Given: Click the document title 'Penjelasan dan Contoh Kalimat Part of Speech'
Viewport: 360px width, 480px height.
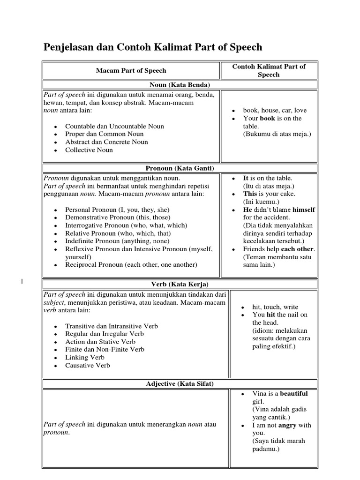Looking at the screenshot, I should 153,47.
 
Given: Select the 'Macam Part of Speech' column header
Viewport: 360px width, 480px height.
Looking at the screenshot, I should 131,70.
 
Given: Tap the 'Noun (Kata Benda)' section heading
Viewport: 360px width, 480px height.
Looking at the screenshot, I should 180,85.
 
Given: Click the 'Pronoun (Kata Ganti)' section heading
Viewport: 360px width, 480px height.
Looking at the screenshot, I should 180,168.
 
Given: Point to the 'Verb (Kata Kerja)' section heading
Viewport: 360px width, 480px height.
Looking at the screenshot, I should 180,284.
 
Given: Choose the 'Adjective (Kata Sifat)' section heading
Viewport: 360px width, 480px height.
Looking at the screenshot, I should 180,384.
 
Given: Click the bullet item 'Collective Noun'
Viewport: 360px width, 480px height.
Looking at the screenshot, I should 89,150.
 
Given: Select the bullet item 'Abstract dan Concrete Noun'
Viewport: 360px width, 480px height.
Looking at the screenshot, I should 106,142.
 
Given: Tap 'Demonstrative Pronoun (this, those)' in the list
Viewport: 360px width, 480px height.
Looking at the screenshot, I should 118,217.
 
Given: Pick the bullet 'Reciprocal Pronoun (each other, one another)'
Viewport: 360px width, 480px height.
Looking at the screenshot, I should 131,264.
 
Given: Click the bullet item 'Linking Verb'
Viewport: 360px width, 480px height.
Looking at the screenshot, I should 85,357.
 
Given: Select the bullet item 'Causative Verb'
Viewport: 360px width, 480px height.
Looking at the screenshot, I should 88,365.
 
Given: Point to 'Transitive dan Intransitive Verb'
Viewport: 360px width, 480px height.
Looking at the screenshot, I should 112,326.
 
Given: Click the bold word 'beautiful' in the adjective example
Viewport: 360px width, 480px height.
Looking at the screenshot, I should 294,394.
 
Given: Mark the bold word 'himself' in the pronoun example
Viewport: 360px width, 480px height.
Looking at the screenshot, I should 304,210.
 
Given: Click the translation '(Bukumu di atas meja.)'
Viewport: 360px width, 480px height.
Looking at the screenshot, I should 277,134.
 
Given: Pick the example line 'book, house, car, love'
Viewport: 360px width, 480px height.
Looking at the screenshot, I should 275,110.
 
